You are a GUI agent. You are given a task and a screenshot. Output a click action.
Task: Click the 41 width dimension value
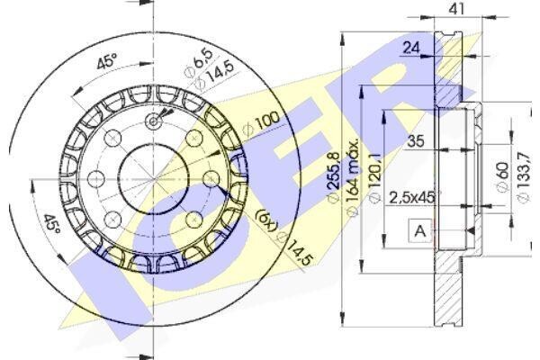coord(457,9)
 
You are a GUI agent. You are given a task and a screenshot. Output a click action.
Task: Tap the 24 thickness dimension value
coord(411,48)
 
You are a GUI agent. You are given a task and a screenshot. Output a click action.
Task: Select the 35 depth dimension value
coord(416,141)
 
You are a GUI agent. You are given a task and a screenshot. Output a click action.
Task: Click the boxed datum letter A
coord(420,230)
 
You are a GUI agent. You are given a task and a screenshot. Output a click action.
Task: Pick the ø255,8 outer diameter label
coord(333,177)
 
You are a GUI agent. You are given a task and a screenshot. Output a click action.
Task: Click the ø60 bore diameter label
coord(502,177)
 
